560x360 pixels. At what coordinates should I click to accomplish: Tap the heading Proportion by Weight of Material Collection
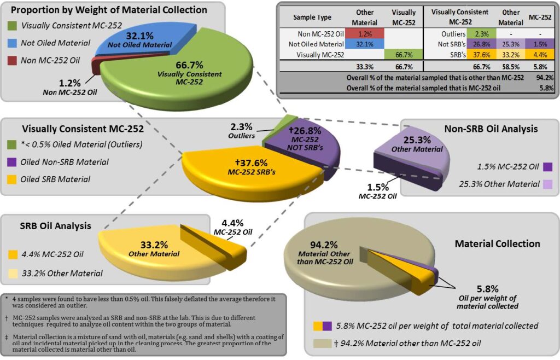click(109, 10)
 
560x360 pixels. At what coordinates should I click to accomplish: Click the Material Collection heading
click(497, 243)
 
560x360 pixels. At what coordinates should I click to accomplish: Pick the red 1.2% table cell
click(369, 34)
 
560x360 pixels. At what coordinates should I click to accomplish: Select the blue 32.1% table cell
click(369, 44)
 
